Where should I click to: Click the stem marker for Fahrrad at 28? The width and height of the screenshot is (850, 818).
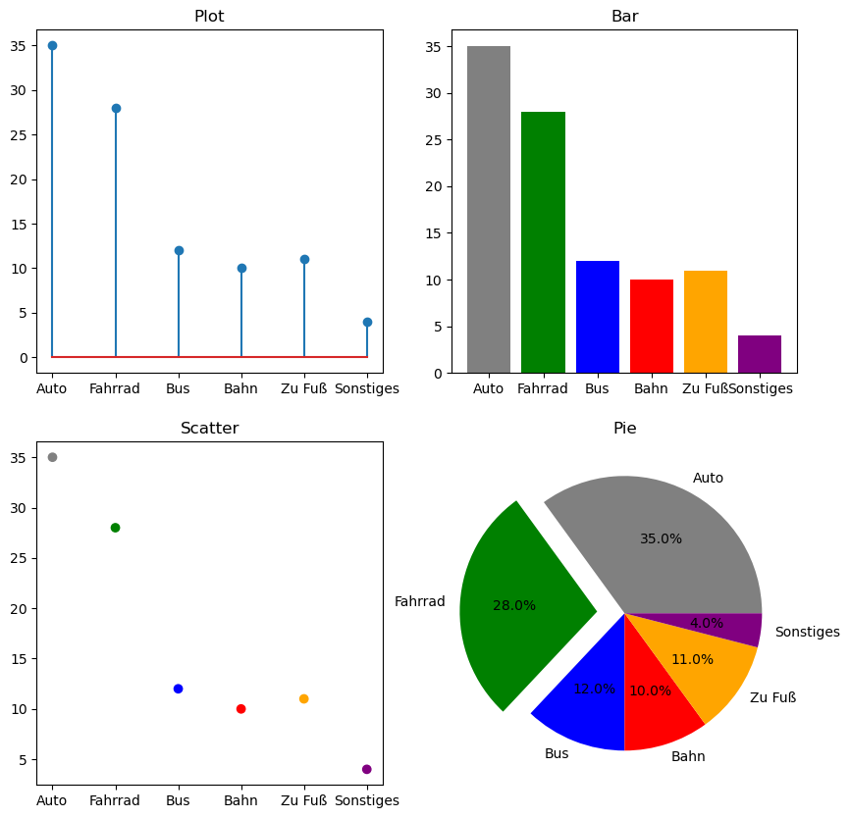tap(116, 108)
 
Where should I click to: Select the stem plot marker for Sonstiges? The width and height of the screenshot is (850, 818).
tap(367, 322)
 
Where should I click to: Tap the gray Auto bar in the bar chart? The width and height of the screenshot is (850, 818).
tap(489, 209)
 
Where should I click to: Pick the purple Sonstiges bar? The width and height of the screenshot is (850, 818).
tap(760, 354)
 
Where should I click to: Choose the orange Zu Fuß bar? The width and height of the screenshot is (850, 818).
tap(706, 322)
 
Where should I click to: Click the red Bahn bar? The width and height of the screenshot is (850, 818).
tap(652, 326)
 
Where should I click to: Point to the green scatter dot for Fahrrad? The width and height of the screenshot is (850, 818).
tap(115, 528)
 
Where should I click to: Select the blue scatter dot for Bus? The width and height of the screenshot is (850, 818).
tap(178, 689)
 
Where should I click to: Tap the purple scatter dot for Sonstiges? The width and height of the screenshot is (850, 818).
tap(367, 769)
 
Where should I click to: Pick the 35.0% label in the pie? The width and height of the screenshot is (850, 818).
tap(661, 538)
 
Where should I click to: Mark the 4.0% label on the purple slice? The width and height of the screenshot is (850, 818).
tap(707, 623)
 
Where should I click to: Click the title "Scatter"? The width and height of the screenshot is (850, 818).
tap(209, 429)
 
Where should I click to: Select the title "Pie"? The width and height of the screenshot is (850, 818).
tap(624, 429)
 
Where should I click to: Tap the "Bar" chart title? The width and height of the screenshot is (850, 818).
tap(624, 17)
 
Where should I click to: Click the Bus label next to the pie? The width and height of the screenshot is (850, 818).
tap(557, 753)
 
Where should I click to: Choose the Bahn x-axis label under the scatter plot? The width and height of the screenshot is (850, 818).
tap(240, 800)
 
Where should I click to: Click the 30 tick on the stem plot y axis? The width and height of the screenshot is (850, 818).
tap(20, 90)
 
